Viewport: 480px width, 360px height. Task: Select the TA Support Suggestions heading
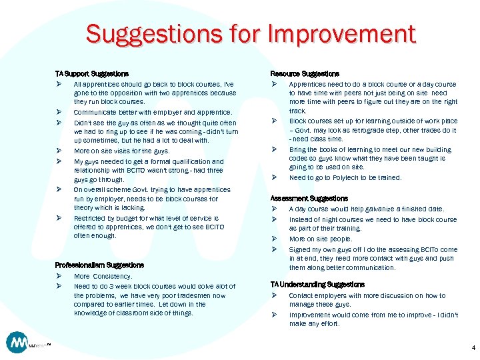[x=91, y=73]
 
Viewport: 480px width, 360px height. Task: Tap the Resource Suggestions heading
[x=304, y=73]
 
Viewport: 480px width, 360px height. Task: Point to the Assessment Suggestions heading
[x=309, y=199]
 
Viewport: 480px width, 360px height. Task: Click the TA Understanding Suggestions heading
[x=317, y=285]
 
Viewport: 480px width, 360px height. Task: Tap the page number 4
[x=473, y=348]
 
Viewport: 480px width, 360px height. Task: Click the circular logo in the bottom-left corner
[x=17, y=343]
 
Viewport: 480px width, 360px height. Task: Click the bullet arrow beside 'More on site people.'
[x=273, y=239]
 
